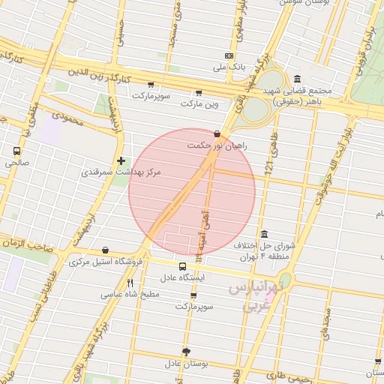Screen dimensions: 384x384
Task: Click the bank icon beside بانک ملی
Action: [x=229, y=56]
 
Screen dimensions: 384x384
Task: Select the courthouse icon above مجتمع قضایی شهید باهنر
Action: [x=298, y=79]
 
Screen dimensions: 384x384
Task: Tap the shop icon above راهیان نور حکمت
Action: [x=217, y=134]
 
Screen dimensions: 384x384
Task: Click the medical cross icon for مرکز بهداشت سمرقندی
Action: [x=121, y=160]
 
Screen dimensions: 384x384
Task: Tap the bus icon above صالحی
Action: [x=17, y=150]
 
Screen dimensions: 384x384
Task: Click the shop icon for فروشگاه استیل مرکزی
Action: [x=104, y=250]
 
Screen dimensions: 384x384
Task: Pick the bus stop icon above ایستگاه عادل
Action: [x=183, y=266]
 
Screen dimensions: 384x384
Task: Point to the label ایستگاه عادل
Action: [x=183, y=277]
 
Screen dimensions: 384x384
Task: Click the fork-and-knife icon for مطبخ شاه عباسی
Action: [x=130, y=283]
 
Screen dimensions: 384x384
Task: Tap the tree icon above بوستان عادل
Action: [x=186, y=352]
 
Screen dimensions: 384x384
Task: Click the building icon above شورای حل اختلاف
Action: [x=263, y=233]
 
